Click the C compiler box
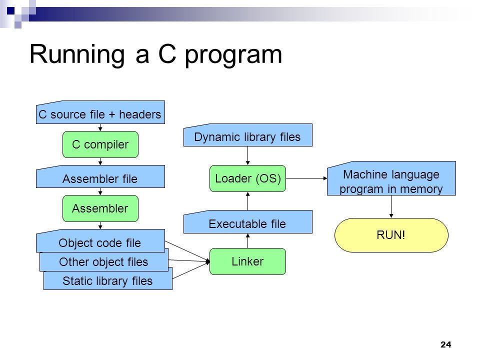[x=100, y=144]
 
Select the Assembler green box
[x=100, y=208]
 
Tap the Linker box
[x=247, y=261]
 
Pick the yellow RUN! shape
[x=391, y=235]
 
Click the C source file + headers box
[x=100, y=114]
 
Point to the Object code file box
[x=100, y=242]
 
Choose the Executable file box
[x=247, y=223]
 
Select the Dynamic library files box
[x=247, y=136]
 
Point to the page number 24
[x=446, y=344]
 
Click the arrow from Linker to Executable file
[x=248, y=241]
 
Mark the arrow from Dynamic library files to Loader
[x=248, y=155]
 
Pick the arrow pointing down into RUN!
[x=391, y=206]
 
